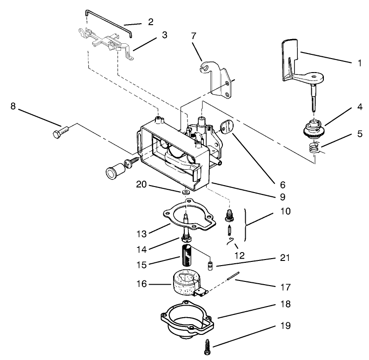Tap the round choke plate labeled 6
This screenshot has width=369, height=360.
[x=227, y=126]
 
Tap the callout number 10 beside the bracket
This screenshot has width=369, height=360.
[x=286, y=211]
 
